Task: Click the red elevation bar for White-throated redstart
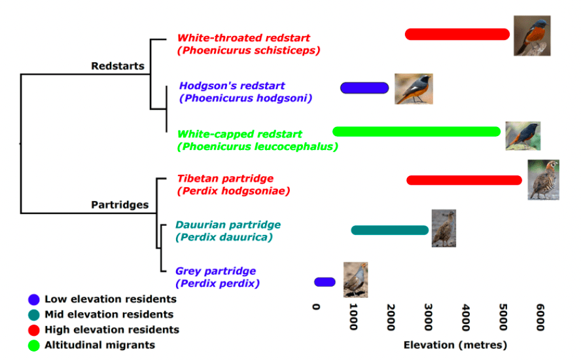(x=457, y=34)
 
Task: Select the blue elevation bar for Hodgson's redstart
(x=364, y=88)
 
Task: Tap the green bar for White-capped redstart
(x=417, y=132)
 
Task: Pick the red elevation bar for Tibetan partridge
(x=464, y=180)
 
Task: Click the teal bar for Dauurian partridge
(x=390, y=230)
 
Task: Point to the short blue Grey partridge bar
(x=325, y=282)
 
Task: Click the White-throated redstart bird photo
(x=531, y=35)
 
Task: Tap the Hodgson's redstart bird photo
(x=413, y=89)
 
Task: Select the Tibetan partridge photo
(x=543, y=180)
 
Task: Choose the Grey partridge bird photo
(x=355, y=279)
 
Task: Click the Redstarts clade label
(x=118, y=66)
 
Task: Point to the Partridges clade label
(x=120, y=205)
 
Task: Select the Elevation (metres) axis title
(x=455, y=345)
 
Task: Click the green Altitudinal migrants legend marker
(x=34, y=345)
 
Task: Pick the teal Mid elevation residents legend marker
(x=34, y=315)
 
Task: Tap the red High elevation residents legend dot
(x=34, y=330)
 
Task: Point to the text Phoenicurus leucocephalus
(x=258, y=147)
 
